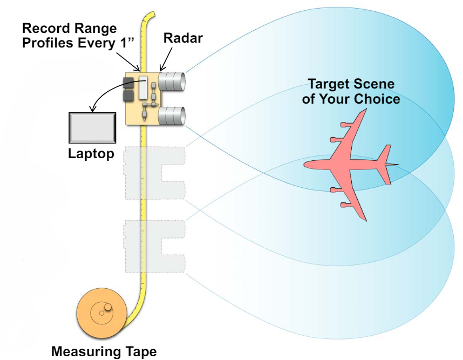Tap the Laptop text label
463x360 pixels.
point(91,153)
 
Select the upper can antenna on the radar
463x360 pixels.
point(172,81)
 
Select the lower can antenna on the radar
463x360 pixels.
point(172,116)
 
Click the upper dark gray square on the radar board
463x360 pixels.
point(128,83)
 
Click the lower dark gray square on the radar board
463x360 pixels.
point(128,96)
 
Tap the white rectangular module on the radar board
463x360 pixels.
point(143,87)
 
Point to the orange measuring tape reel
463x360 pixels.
point(103,315)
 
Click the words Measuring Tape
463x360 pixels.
point(104,352)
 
